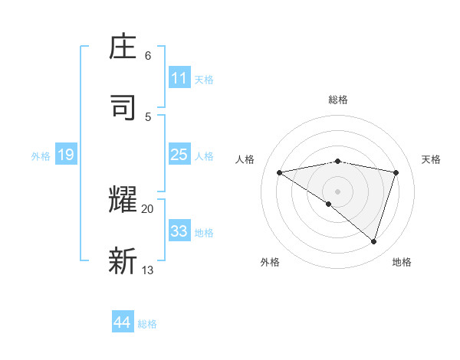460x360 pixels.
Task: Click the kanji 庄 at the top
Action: click(x=123, y=47)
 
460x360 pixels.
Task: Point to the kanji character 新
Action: click(x=123, y=260)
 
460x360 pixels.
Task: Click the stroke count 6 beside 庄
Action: click(x=148, y=56)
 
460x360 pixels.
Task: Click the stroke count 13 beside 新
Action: click(x=148, y=270)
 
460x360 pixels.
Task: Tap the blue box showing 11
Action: click(x=179, y=78)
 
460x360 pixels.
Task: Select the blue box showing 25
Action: click(x=179, y=155)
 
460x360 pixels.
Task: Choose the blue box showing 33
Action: click(x=179, y=231)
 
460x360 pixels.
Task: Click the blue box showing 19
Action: click(x=66, y=155)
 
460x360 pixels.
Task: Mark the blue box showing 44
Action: click(x=123, y=322)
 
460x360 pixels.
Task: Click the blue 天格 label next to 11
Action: click(x=204, y=79)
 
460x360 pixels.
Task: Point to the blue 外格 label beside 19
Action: click(x=41, y=155)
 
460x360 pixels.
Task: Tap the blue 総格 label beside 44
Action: click(x=147, y=323)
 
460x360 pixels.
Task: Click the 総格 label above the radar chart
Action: click(x=338, y=100)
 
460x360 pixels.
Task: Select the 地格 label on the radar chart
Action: click(x=402, y=262)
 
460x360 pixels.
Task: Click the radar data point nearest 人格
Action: click(x=280, y=172)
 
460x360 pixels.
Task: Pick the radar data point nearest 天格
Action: click(x=396, y=172)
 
